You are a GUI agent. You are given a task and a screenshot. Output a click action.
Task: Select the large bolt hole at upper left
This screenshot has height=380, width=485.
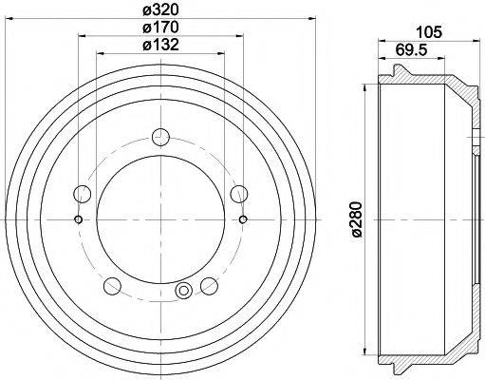(x=84, y=195)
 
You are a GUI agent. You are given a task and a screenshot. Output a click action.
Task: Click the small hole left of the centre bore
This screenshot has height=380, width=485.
(x=78, y=220)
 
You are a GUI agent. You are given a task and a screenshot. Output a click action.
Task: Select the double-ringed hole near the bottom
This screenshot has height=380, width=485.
(x=184, y=291)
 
